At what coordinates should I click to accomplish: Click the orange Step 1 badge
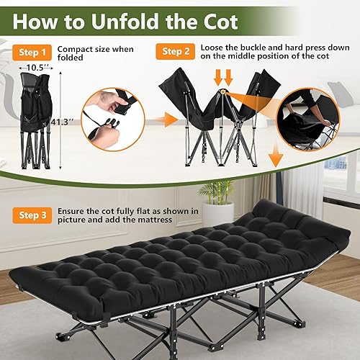[x=32, y=53]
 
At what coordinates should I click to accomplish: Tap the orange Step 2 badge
[x=176, y=52]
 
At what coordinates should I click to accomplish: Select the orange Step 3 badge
[x=32, y=215]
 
